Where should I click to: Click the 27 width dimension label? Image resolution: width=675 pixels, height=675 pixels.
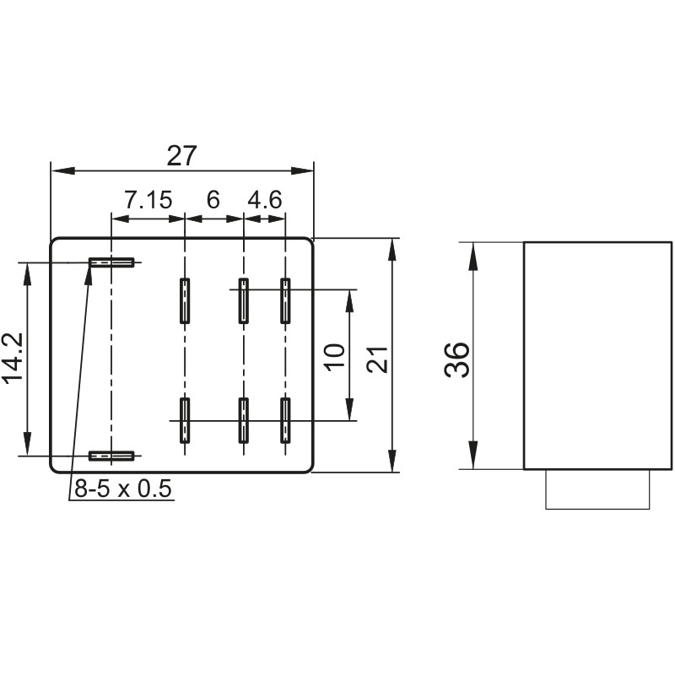point(181,155)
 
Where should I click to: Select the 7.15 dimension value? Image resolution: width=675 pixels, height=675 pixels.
point(148,200)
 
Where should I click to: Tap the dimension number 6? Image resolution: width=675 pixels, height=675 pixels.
point(213,200)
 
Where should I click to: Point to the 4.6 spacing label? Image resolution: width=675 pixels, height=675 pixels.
point(264,200)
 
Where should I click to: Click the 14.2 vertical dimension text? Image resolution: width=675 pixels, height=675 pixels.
point(12,358)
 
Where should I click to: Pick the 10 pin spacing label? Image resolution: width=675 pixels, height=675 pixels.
point(335,355)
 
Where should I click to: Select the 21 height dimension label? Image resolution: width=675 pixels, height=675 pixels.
point(377,359)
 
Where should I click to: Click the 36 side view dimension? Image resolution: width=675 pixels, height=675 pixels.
point(456,360)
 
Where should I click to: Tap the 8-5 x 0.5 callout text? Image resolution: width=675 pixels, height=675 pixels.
point(123,489)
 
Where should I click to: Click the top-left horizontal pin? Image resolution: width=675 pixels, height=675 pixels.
point(111,262)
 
